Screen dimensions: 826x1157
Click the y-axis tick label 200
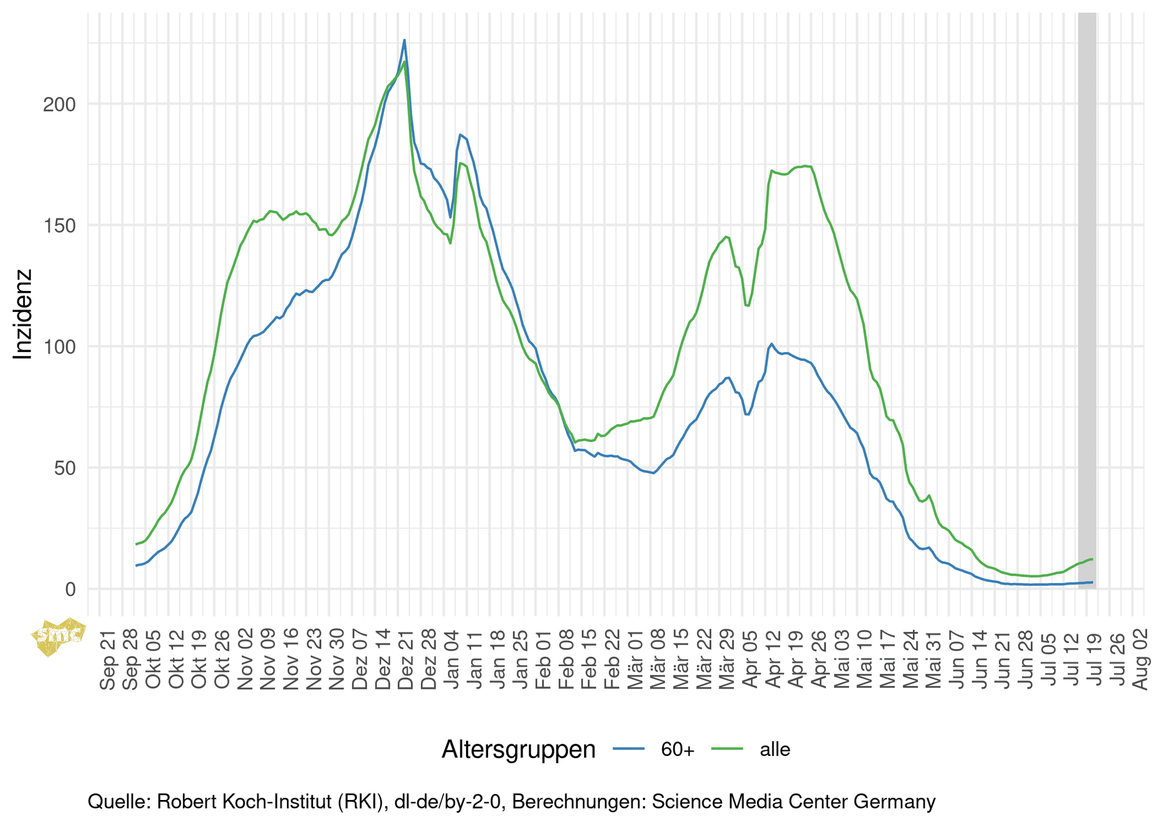pos(59,105)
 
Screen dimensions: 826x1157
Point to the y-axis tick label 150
pos(59,225)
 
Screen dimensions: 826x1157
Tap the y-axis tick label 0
pos(70,589)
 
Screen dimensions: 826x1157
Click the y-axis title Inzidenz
pos(23,314)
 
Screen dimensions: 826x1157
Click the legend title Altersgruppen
pos(518,750)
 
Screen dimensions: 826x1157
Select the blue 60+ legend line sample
pos(629,750)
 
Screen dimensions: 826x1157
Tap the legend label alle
pos(775,750)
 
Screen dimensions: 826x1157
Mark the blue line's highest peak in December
pos(404,40)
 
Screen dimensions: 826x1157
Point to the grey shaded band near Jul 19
pos(1087,299)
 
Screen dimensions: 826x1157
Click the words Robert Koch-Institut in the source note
pos(244,802)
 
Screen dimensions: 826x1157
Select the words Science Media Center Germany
pos(793,802)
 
